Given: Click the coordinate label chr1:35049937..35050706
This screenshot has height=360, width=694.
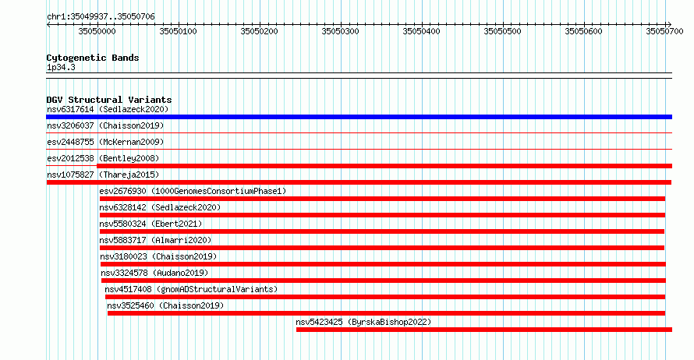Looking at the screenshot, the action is (x=101, y=17).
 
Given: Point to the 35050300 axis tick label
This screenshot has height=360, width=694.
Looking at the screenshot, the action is (x=340, y=31).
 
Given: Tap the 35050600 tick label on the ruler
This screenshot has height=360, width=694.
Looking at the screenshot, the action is (x=583, y=31).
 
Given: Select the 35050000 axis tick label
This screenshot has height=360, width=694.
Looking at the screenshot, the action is (x=97, y=31).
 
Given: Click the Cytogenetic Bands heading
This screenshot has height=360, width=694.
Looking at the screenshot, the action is (x=93, y=58).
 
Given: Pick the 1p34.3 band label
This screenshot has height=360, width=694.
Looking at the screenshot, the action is (x=61, y=67).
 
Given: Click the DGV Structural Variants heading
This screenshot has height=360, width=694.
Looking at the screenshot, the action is (x=109, y=100).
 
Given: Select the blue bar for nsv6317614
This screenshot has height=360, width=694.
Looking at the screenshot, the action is (x=359, y=117).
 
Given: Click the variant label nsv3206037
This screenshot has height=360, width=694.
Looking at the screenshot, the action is (x=70, y=125).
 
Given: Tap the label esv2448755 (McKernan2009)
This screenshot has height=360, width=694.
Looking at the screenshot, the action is (x=105, y=142).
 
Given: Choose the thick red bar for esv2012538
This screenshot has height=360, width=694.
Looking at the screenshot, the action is (x=384, y=166).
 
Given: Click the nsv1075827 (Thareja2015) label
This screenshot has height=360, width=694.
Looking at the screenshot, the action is (x=103, y=175).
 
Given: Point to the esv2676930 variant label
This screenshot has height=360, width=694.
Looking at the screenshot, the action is (x=122, y=191).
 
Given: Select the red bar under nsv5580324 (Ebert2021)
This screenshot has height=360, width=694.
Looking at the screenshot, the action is (x=382, y=231).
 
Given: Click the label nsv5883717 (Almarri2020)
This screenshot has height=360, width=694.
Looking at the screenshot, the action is (x=155, y=240).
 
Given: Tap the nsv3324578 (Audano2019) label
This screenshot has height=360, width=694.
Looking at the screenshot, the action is (x=154, y=273).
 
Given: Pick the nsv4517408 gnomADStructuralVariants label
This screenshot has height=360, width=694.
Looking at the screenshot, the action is (x=191, y=289).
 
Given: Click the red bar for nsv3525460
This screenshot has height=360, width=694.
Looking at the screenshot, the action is (x=386, y=313).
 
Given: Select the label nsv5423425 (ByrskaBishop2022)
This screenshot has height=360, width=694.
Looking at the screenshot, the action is (x=363, y=322).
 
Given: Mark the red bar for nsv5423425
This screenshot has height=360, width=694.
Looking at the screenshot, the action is (x=484, y=330).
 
